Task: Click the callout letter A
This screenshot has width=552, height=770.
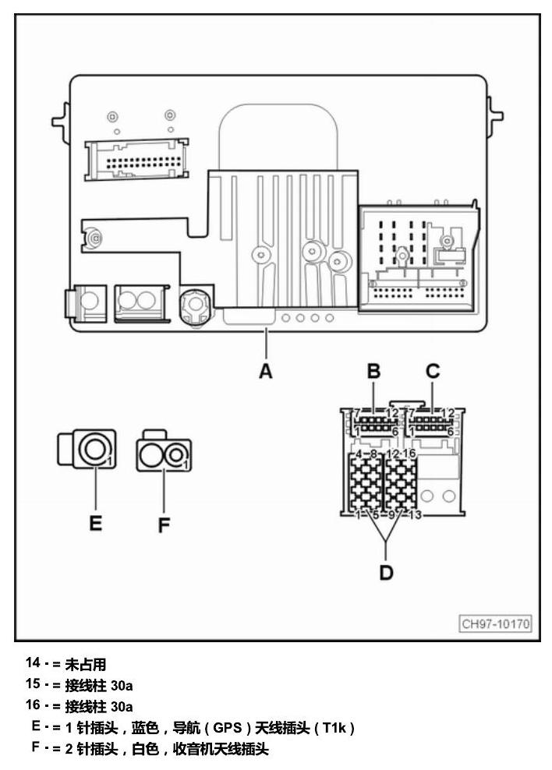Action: click(266, 371)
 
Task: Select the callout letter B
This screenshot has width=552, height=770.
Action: click(373, 371)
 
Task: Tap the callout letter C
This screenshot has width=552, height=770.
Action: click(433, 371)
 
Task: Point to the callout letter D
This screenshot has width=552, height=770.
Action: click(387, 573)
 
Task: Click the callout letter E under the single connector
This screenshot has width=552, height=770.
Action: click(95, 523)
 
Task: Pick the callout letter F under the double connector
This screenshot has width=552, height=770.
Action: click(164, 525)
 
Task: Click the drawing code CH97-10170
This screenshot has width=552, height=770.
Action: click(496, 624)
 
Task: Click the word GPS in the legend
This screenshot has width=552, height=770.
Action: click(228, 727)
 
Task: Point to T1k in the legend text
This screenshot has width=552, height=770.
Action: click(334, 727)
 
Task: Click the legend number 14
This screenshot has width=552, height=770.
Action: click(33, 662)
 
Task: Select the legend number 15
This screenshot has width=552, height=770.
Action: click(33, 683)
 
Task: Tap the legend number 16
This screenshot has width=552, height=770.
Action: click(33, 705)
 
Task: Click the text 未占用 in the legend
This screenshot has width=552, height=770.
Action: click(86, 665)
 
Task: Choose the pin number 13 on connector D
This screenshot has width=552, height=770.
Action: click(415, 515)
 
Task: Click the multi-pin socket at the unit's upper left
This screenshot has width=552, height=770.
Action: click(136, 160)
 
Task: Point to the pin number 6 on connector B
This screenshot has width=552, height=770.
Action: click(395, 432)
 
